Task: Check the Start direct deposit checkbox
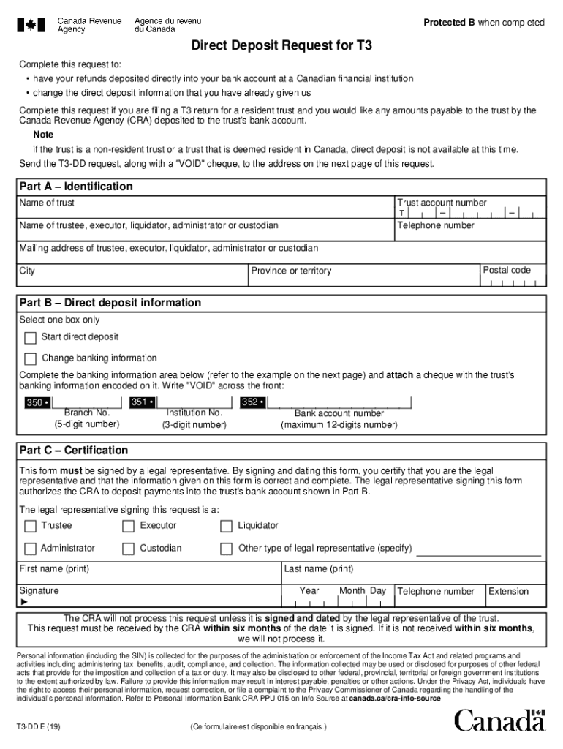point(30,338)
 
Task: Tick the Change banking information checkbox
point(30,358)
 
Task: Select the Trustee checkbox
point(30,526)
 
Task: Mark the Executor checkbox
point(128,526)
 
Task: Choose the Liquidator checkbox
point(226,526)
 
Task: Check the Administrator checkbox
point(30,549)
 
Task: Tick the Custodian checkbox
point(128,549)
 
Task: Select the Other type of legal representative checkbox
point(226,549)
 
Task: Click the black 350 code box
point(37,402)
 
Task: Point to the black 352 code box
point(252,402)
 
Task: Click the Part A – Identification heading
point(76,187)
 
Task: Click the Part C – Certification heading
point(74,451)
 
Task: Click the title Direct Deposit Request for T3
point(281,45)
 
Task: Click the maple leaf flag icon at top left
point(31,25)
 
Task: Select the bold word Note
point(43,135)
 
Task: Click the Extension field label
point(508,592)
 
